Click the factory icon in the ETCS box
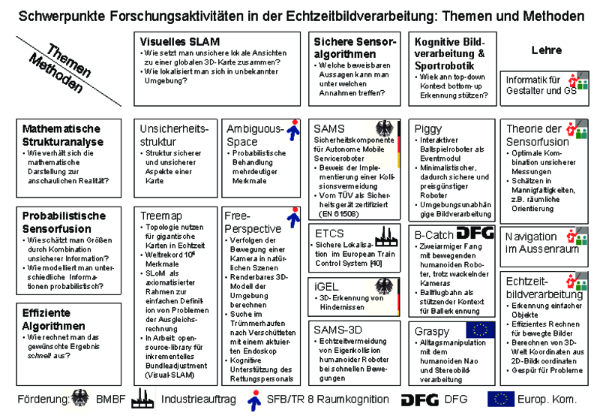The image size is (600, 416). pyautogui.click(x=385, y=232)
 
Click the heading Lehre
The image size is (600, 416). pyautogui.click(x=546, y=50)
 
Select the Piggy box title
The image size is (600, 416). pyautogui.click(x=428, y=129)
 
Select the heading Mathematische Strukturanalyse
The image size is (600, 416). pyautogui.click(x=61, y=135)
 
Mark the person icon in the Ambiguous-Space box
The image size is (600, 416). pyautogui.click(x=295, y=131)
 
